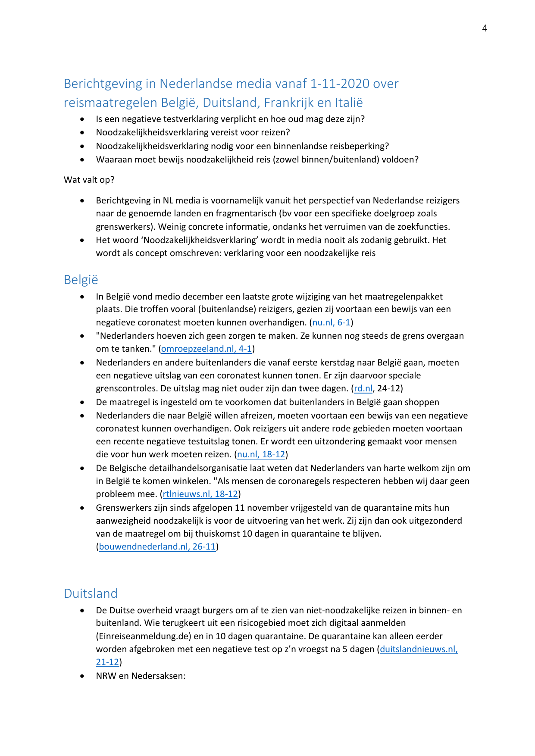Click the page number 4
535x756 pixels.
pyautogui.click(x=485, y=28)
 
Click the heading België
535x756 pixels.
pyautogui.click(x=81, y=280)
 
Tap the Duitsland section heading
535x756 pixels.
pyautogui.click(x=91, y=594)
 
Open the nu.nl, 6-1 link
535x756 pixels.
pyautogui.click(x=331, y=322)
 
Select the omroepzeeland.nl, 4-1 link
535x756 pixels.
pyautogui.click(x=206, y=349)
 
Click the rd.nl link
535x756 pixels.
pyautogui.click(x=363, y=388)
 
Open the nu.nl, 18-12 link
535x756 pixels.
pyautogui.click(x=261, y=454)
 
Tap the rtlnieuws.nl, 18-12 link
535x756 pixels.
pyautogui.click(x=200, y=494)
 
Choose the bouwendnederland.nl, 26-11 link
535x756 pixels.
pyautogui.click(x=157, y=547)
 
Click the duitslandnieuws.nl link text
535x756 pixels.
pyautogui.click(x=418, y=649)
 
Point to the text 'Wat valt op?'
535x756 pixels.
pyautogui.click(x=89, y=180)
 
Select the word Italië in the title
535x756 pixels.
pyautogui.click(x=348, y=103)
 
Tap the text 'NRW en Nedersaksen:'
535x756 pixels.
pyautogui.click(x=141, y=676)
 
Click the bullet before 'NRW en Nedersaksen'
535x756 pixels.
pyautogui.click(x=82, y=676)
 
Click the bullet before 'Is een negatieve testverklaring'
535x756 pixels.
pyautogui.click(x=82, y=119)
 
